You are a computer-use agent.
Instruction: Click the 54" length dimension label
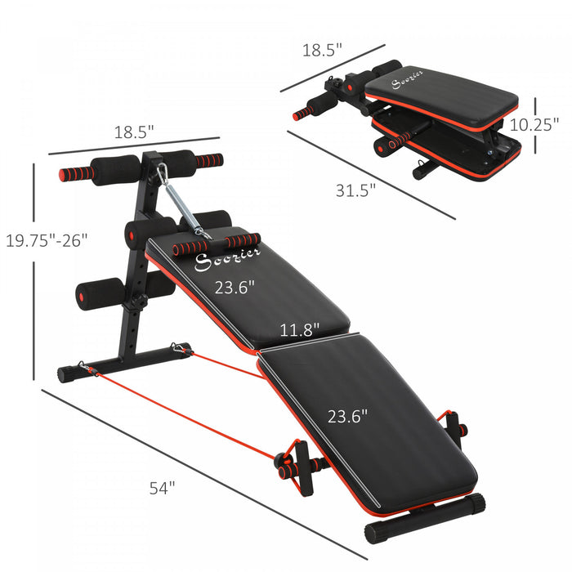163,488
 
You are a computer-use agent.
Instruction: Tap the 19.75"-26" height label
45,240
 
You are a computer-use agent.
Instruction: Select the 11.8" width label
300,329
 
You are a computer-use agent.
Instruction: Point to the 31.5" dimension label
355,190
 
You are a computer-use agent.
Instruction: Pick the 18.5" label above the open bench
134,131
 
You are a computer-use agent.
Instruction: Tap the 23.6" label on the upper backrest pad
235,287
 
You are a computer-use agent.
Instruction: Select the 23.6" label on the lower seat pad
348,415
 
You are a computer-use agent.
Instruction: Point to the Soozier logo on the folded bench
407,82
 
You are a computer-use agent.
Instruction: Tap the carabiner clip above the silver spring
163,174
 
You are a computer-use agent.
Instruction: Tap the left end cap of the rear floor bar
65,375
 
